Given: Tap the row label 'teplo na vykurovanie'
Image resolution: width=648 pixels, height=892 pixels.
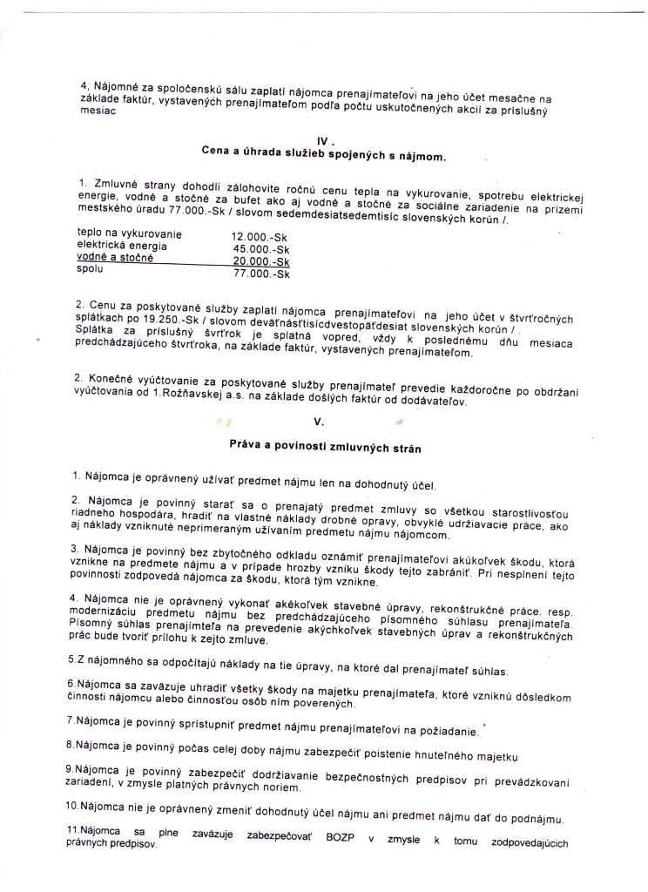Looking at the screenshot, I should [x=129, y=233].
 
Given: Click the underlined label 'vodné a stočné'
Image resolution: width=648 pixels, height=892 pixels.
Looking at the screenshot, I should [x=115, y=258].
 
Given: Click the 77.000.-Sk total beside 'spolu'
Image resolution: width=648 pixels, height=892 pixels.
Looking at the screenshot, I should [x=261, y=274].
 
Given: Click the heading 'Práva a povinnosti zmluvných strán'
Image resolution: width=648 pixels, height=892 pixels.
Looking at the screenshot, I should [x=325, y=449].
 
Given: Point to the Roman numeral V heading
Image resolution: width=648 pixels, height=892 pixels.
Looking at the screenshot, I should [x=319, y=422].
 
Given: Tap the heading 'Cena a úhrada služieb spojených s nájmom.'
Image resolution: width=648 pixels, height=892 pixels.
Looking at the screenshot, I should [x=323, y=156].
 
